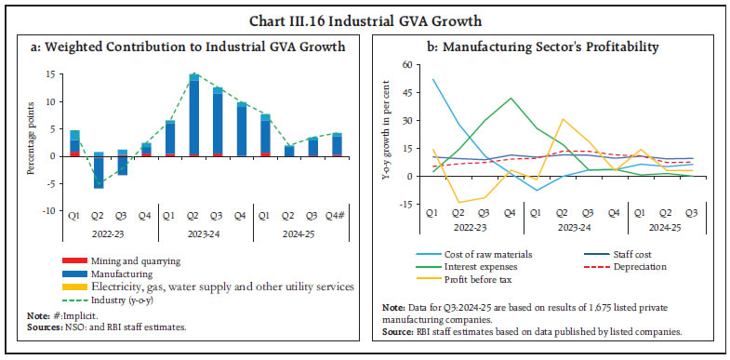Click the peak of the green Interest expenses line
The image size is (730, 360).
click(x=510, y=99)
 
